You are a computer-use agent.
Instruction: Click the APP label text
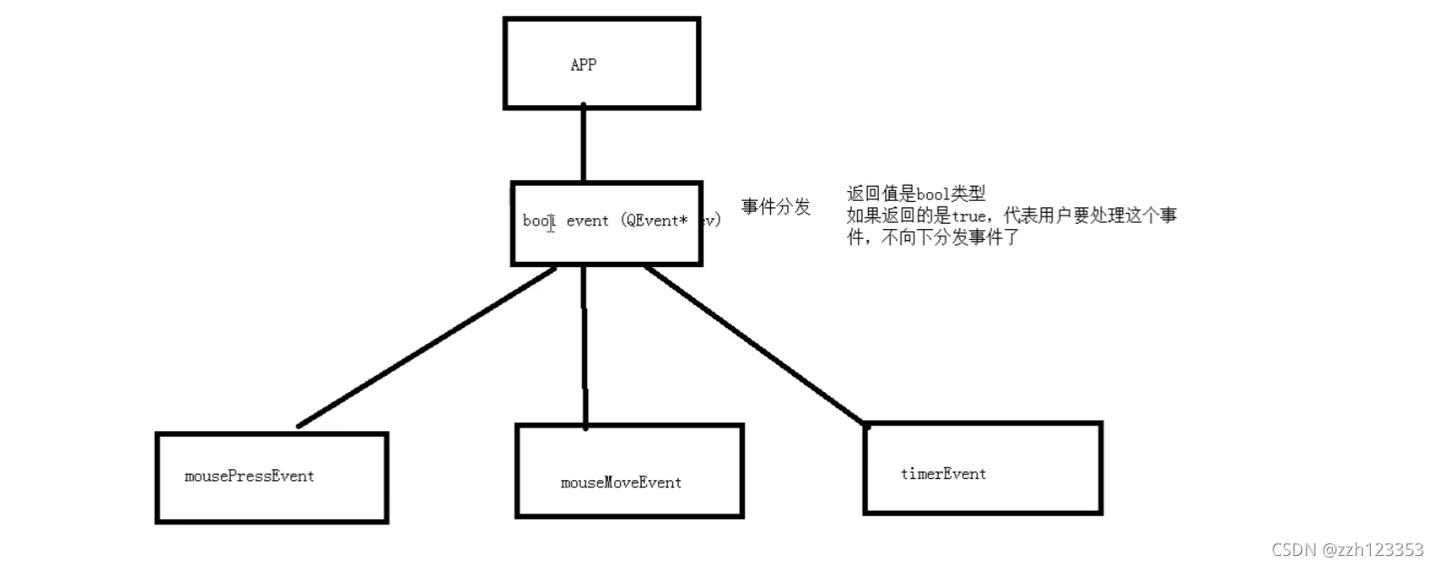click(x=583, y=65)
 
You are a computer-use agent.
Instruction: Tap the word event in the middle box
click(x=587, y=221)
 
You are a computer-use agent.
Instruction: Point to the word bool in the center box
click(x=537, y=221)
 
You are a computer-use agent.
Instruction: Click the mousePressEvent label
click(x=249, y=476)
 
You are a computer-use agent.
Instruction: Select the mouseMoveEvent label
click(x=621, y=483)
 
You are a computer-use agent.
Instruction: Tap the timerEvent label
click(x=943, y=474)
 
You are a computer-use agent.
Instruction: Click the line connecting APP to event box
click(x=583, y=145)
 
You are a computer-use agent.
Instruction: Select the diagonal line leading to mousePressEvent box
click(x=426, y=347)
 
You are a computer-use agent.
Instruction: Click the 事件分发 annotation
click(x=776, y=207)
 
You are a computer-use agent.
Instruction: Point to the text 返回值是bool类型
click(x=916, y=194)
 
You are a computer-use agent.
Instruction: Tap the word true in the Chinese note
click(x=969, y=216)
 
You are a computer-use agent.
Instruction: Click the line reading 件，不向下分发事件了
click(x=933, y=238)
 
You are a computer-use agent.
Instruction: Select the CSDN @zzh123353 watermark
click(x=1347, y=550)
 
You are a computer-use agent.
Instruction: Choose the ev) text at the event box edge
click(x=710, y=221)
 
